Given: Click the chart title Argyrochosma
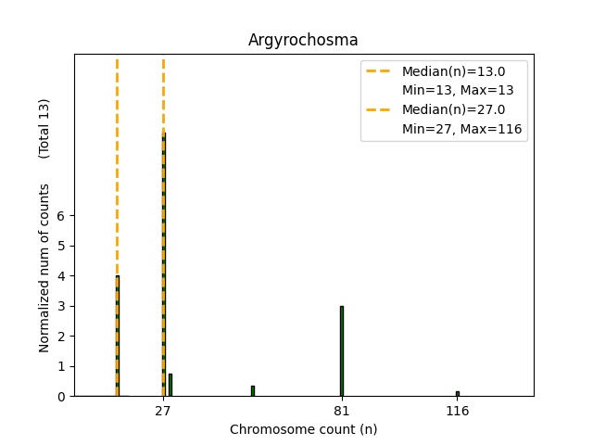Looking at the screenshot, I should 303,40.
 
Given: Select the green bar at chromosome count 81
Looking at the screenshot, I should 341,350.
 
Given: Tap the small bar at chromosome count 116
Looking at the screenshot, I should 457,393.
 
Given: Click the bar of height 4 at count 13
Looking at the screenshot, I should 117,336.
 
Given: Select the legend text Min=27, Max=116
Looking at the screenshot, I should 464,130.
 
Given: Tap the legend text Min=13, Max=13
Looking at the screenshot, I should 458,90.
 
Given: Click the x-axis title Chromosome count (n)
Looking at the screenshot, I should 303,429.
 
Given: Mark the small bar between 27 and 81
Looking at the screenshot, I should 252,390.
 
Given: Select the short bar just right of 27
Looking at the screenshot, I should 170,385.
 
